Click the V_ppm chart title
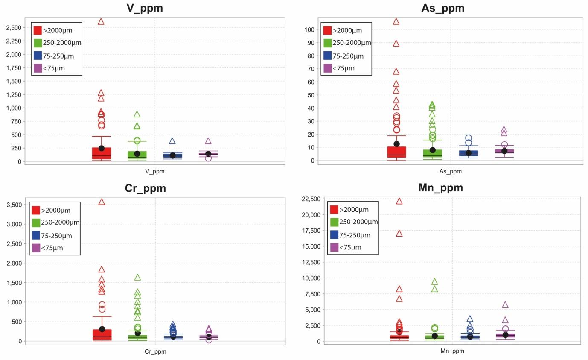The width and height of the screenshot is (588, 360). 145,8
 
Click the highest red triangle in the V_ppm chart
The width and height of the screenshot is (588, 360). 101,21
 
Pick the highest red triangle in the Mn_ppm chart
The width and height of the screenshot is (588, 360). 399,201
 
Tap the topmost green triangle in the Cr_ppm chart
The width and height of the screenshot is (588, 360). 137,277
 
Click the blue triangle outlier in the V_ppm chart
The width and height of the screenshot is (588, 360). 172,141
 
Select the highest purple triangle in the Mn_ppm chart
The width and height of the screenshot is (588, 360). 505,305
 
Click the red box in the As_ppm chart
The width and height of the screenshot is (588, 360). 396,152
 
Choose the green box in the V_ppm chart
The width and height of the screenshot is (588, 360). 137,155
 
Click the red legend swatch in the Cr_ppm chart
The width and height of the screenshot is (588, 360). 36,210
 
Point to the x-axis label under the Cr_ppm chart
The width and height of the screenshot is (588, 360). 155,352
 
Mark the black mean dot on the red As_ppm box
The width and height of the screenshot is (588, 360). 396,144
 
